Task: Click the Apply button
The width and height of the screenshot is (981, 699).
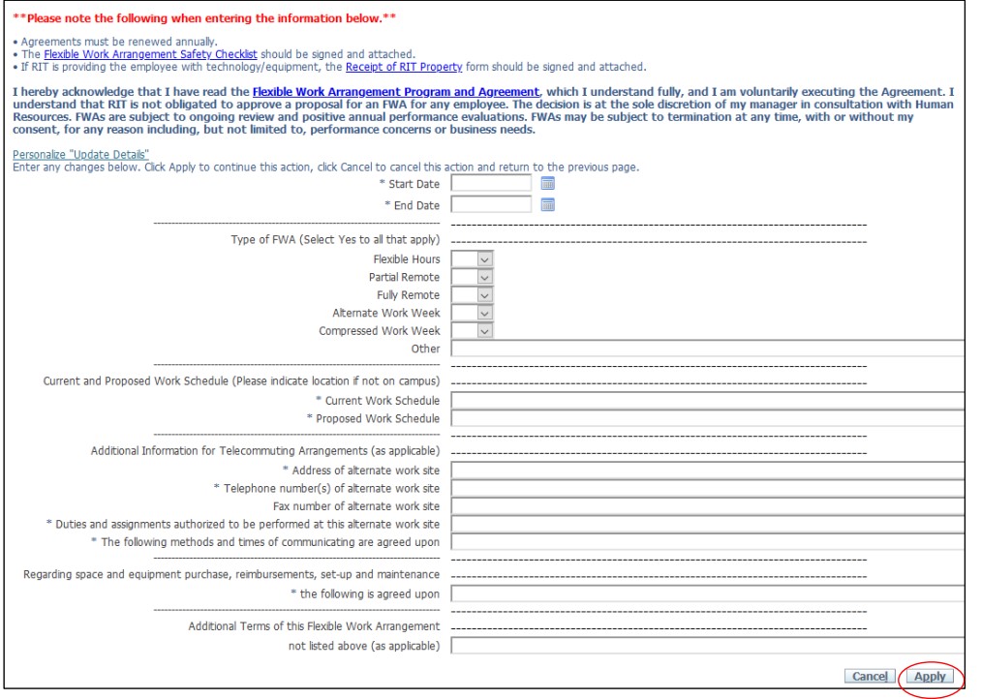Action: pyautogui.click(x=930, y=677)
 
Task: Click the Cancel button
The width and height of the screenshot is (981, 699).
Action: pyautogui.click(x=870, y=677)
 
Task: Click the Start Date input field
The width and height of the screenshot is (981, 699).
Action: pyautogui.click(x=491, y=183)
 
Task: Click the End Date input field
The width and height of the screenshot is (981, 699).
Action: pyautogui.click(x=491, y=204)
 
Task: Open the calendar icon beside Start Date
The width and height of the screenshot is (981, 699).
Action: pyautogui.click(x=547, y=183)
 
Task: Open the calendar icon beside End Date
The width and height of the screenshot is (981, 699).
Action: pyautogui.click(x=547, y=204)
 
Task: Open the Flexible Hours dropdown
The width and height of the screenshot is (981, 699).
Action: pyautogui.click(x=473, y=258)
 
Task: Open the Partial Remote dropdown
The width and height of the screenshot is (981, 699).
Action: pyautogui.click(x=473, y=277)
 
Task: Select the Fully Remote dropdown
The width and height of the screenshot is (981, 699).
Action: pyautogui.click(x=473, y=294)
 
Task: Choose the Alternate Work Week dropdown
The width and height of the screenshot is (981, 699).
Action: pyautogui.click(x=473, y=313)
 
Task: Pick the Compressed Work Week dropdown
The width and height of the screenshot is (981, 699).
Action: pyautogui.click(x=473, y=330)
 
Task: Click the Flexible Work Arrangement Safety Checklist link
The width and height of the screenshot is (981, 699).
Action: pyautogui.click(x=150, y=54)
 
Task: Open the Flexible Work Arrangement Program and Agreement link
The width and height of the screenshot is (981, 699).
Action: pyautogui.click(x=395, y=92)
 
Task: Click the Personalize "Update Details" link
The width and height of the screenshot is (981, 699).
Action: pyautogui.click(x=80, y=155)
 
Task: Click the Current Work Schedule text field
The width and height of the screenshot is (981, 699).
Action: pyautogui.click(x=707, y=400)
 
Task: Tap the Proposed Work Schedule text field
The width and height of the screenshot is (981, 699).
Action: pyautogui.click(x=707, y=418)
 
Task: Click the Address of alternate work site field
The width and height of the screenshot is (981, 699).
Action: pyautogui.click(x=707, y=471)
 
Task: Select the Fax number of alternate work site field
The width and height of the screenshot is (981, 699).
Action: pyautogui.click(x=707, y=505)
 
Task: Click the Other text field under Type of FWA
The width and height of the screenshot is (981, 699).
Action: pyautogui.click(x=707, y=349)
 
